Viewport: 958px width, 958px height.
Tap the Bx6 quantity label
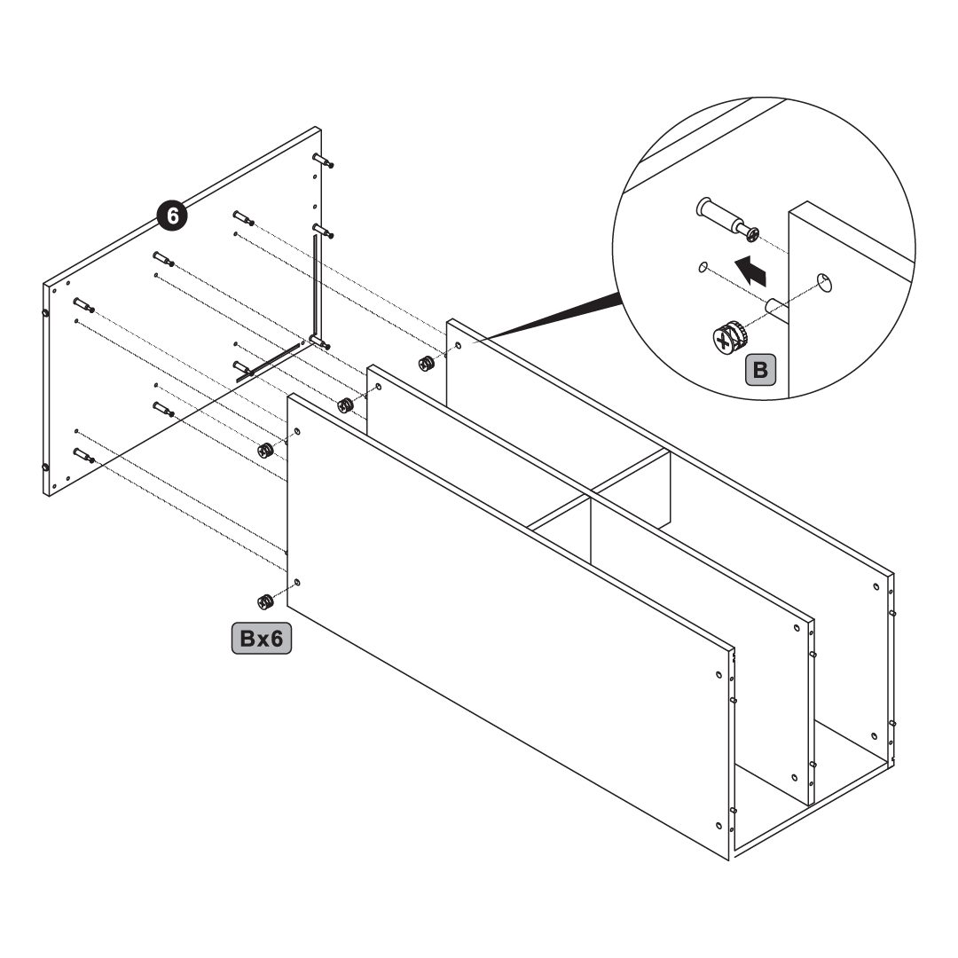click(262, 640)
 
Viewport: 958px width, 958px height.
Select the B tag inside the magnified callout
click(759, 369)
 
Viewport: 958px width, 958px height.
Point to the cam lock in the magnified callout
click(727, 338)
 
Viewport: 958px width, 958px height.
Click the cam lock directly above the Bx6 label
click(263, 601)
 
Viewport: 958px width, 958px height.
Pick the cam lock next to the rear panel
click(426, 364)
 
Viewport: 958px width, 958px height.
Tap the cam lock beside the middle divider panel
click(345, 405)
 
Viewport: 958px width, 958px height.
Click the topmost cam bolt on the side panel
click(323, 159)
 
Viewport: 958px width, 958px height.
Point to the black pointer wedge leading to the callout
click(550, 319)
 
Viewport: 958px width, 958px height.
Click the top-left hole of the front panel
click(297, 431)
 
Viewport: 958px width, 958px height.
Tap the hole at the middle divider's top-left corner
click(379, 387)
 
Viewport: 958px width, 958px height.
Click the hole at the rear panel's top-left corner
click(458, 345)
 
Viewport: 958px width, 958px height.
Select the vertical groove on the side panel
click(315, 284)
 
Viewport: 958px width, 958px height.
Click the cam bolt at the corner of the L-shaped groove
click(320, 342)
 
